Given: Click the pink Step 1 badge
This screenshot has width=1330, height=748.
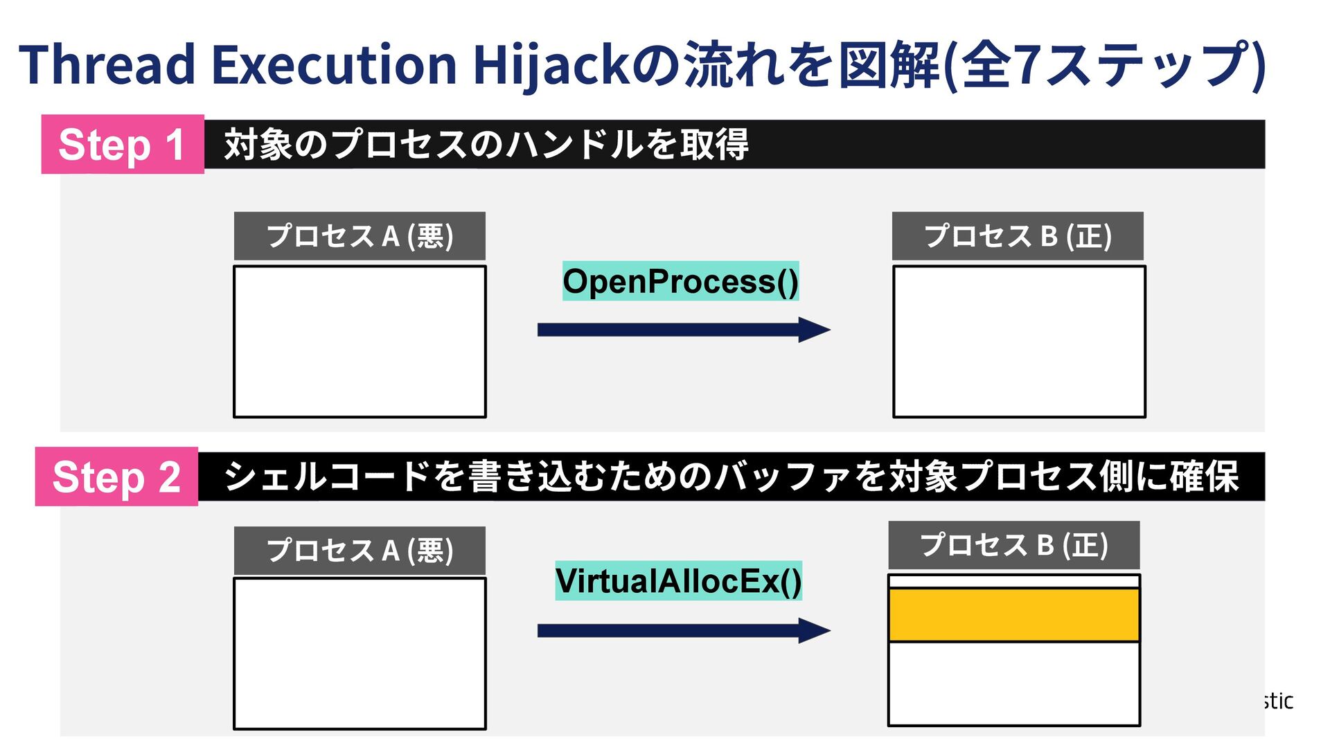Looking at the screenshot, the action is (x=123, y=144).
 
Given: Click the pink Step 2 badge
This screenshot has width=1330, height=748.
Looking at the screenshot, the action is (x=116, y=477).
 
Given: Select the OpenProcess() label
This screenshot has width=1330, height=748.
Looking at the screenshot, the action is (x=680, y=281).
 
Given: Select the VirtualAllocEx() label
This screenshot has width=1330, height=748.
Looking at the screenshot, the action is (x=678, y=580).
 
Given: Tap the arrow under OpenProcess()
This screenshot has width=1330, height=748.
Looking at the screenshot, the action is (x=683, y=330).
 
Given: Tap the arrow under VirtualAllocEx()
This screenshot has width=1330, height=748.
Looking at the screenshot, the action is (x=683, y=630).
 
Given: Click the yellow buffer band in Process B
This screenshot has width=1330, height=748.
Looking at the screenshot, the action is (x=1014, y=615).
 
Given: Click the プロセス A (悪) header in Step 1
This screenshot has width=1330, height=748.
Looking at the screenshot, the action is (x=360, y=236).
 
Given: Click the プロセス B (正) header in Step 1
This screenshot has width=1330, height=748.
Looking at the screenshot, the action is (x=1018, y=236).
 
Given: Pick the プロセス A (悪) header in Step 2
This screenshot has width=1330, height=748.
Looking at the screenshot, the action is (x=360, y=551).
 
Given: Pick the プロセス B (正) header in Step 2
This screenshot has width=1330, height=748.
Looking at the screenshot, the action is (x=1014, y=545).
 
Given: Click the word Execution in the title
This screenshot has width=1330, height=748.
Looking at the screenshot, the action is (x=333, y=64).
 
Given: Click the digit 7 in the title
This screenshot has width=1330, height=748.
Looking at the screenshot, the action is (x=1030, y=64).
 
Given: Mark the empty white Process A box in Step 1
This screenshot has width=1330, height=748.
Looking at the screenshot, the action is (x=360, y=341).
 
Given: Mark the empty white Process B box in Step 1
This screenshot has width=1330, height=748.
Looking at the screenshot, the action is (x=1019, y=341).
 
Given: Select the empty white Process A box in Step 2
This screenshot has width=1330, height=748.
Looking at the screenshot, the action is (x=360, y=653).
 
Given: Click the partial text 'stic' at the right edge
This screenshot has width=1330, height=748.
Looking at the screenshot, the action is (x=1279, y=701).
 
